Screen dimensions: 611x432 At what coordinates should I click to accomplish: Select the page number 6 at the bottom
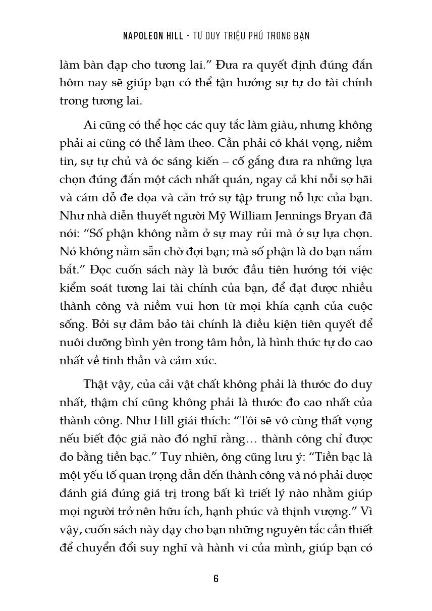(216, 578)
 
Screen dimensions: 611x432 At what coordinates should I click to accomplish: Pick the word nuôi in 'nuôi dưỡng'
(70, 343)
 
